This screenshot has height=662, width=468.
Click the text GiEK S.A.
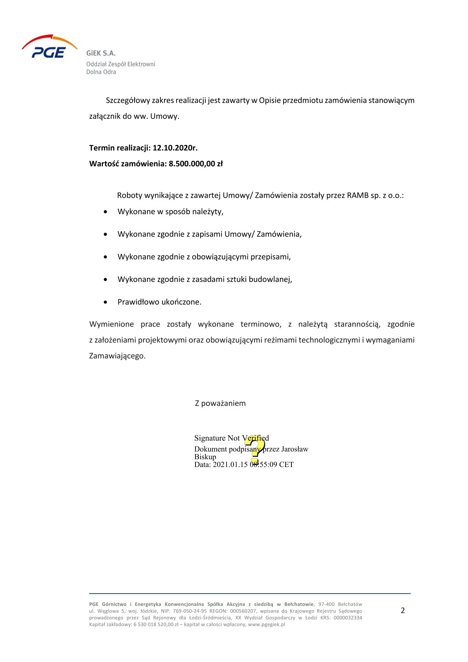click(x=101, y=53)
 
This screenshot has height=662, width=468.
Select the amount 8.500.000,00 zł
click(x=195, y=164)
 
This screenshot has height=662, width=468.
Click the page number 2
click(x=402, y=611)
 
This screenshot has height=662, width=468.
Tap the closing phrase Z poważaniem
click(x=220, y=403)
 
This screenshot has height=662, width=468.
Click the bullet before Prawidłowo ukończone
click(x=105, y=302)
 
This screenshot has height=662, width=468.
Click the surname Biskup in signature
click(x=205, y=457)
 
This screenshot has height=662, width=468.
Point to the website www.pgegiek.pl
click(x=266, y=624)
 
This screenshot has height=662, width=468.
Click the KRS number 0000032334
click(x=348, y=618)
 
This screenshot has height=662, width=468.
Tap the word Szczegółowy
click(x=128, y=100)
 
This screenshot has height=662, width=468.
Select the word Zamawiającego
click(x=117, y=356)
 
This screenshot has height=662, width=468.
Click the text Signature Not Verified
click(x=231, y=438)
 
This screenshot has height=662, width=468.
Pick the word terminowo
click(x=261, y=324)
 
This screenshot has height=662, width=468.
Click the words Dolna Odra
click(x=101, y=72)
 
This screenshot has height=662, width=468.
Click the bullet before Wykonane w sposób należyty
click(x=105, y=212)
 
